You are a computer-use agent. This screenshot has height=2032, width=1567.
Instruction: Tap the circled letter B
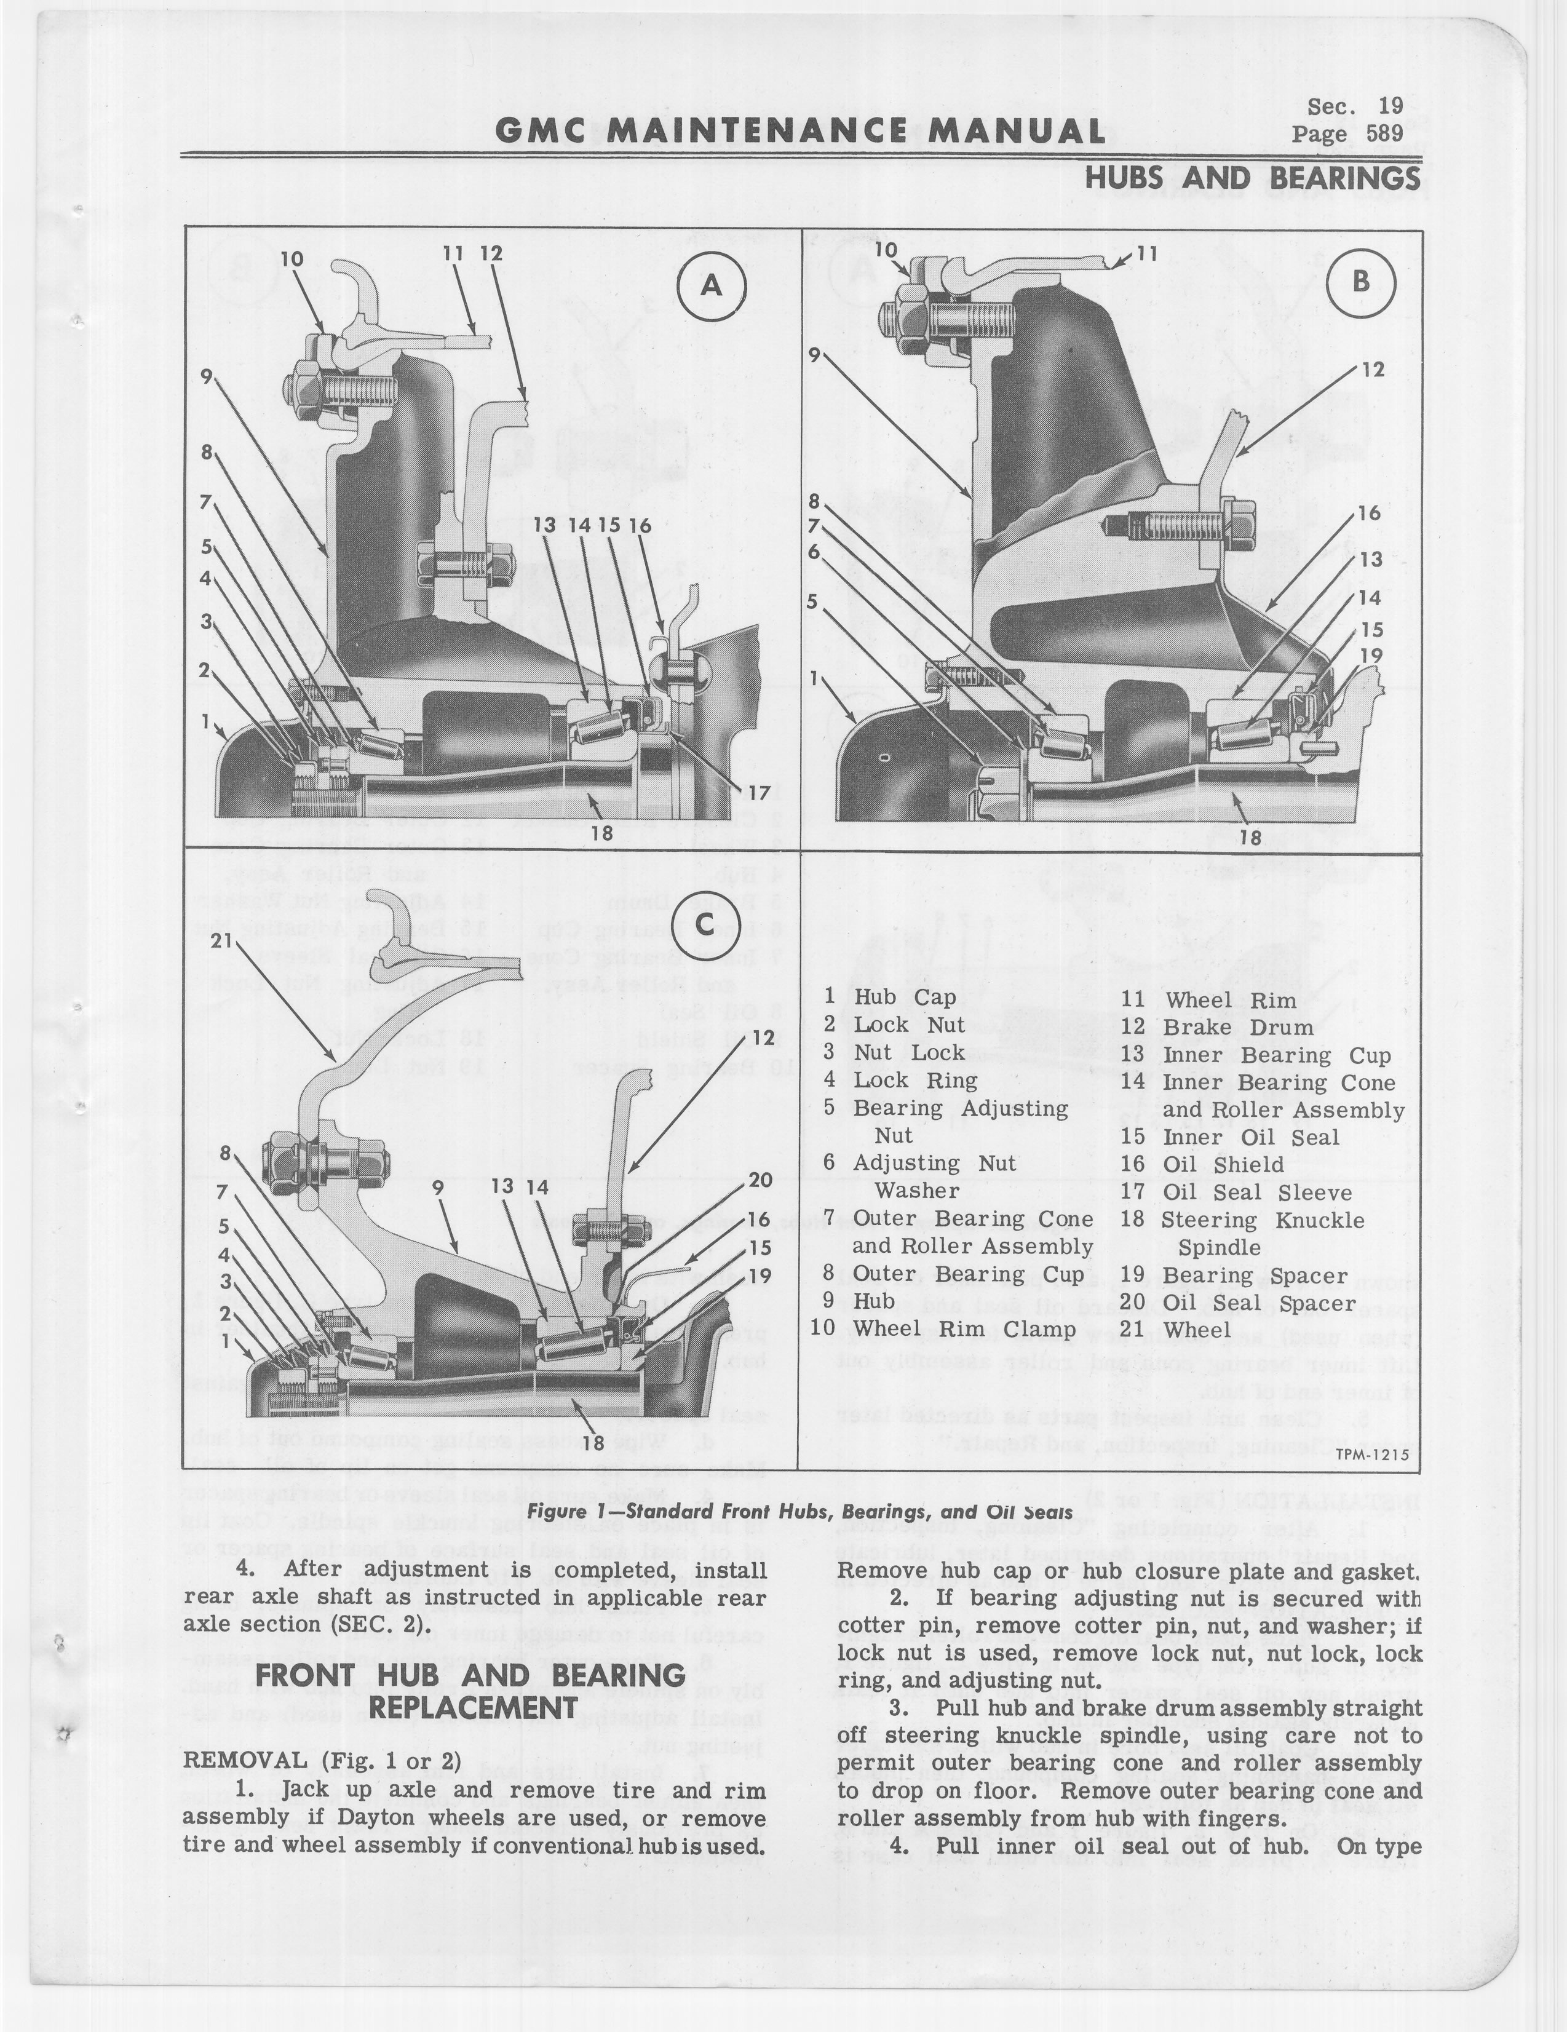click(1362, 282)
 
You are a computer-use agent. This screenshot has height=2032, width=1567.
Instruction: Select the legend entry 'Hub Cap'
click(905, 996)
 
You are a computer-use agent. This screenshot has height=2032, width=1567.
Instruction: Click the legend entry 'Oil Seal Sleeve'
click(1256, 1192)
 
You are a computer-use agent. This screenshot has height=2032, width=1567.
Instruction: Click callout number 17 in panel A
click(760, 793)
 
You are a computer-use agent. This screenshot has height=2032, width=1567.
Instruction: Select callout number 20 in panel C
click(760, 1181)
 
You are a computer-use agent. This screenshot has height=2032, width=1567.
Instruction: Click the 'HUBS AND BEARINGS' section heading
click(1253, 178)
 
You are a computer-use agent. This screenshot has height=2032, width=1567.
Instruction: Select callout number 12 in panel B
click(1371, 370)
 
